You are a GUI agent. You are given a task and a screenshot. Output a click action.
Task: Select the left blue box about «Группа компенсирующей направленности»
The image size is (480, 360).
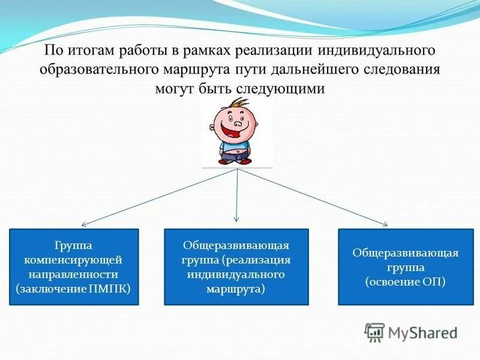[74, 267]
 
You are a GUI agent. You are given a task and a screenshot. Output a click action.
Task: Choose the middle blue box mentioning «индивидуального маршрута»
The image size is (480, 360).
[236, 267]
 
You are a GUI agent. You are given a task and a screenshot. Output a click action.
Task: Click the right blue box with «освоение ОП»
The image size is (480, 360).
[406, 267]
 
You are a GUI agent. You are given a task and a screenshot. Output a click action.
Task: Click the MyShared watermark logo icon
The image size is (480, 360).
[374, 331]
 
